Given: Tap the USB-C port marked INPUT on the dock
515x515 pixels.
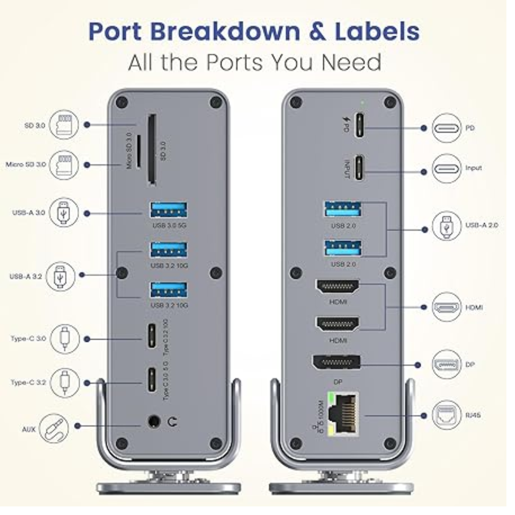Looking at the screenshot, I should point(360,167).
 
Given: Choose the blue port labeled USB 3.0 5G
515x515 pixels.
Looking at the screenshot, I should point(168,210).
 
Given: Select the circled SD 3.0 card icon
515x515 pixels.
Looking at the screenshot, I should point(63,125).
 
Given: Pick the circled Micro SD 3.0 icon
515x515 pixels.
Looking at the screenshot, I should point(63,165).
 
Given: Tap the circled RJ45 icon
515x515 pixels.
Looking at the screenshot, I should point(447,415).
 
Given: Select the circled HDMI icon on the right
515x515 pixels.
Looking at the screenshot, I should point(447,307).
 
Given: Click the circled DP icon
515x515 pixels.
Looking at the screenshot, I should point(447,364).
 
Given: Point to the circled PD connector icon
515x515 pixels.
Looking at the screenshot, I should point(447,128).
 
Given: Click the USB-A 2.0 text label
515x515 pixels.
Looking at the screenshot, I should point(481,225).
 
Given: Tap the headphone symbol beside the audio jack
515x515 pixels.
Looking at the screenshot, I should point(172,422).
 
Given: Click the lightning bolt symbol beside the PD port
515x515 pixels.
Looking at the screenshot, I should point(347,121).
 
